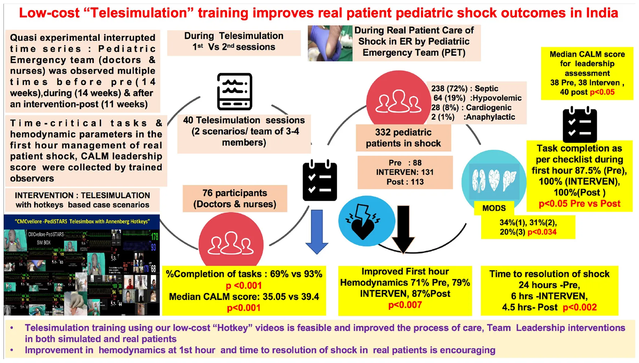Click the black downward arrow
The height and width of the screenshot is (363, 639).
click(x=403, y=229)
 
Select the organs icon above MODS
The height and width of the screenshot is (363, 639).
click(x=494, y=180)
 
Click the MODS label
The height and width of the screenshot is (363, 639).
click(x=494, y=208)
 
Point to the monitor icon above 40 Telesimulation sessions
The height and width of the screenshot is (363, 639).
click(x=234, y=92)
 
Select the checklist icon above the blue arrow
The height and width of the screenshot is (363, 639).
click(x=319, y=181)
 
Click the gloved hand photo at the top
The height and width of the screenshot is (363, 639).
click(x=330, y=43)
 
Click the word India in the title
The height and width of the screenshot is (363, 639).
click(x=602, y=13)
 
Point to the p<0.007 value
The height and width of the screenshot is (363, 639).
click(x=405, y=305)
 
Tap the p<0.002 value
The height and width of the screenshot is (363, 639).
click(x=579, y=307)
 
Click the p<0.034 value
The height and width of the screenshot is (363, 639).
click(x=542, y=232)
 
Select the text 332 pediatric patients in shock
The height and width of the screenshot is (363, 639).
click(x=403, y=138)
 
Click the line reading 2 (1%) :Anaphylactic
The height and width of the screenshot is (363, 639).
click(x=473, y=117)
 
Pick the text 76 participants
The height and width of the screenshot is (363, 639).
click(x=235, y=193)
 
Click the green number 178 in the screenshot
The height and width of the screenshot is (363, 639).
click(x=154, y=237)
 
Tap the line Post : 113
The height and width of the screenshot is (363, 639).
click(x=405, y=182)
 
